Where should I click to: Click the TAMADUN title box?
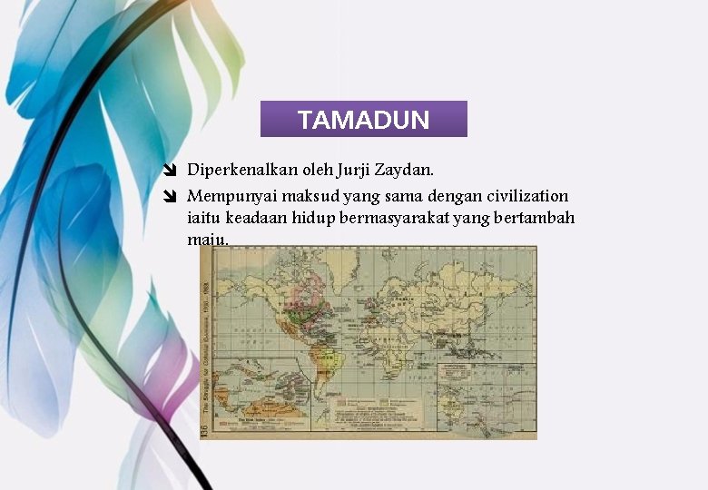pos(363,119)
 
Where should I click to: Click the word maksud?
pos(309,196)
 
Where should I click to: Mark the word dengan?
pos(435,196)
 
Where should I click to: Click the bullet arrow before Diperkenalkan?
pos(170,170)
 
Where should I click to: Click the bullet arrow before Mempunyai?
pos(170,196)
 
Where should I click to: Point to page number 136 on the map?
pos(206,429)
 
